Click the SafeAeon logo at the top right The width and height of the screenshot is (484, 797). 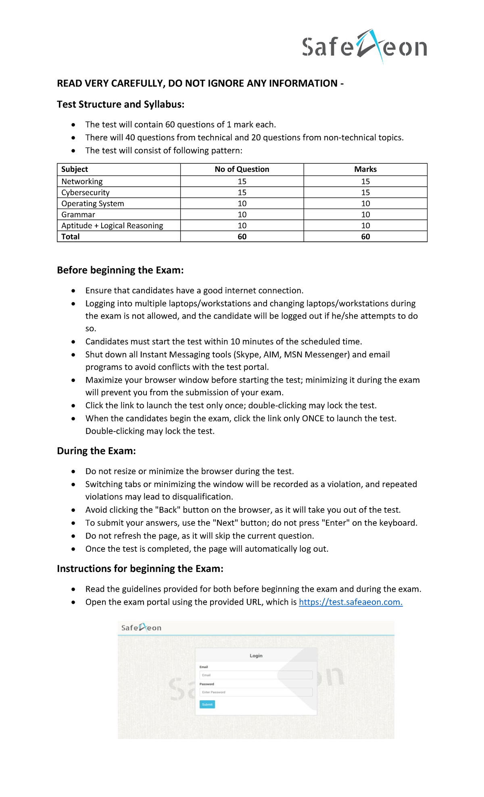tap(364, 46)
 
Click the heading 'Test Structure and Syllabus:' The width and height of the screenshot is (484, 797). tap(120, 104)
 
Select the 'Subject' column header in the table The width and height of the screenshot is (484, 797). tap(75, 169)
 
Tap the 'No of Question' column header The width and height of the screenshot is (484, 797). tap(242, 169)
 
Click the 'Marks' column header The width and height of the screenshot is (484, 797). tap(365, 169)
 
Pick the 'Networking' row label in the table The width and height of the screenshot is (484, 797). tap(82, 182)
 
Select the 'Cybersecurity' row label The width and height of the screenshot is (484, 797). tap(85, 192)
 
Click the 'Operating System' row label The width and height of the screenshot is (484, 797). tap(92, 204)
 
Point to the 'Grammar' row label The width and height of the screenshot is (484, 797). tap(78, 215)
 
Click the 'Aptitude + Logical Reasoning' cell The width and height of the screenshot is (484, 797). tap(112, 226)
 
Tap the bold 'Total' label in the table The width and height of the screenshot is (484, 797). tap(71, 237)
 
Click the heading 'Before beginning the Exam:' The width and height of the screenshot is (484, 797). tap(120, 270)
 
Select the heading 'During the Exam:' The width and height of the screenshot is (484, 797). tap(96, 451)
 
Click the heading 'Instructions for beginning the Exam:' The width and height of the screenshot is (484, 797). tap(140, 569)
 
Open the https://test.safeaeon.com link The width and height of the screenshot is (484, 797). tap(350, 602)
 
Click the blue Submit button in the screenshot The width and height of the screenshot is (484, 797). tap(207, 704)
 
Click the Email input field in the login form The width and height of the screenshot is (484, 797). tap(256, 675)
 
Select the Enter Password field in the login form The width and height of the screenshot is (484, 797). tap(256, 692)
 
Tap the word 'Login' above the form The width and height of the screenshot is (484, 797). tap(256, 656)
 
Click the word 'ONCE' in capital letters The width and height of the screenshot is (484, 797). tap(313, 419)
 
